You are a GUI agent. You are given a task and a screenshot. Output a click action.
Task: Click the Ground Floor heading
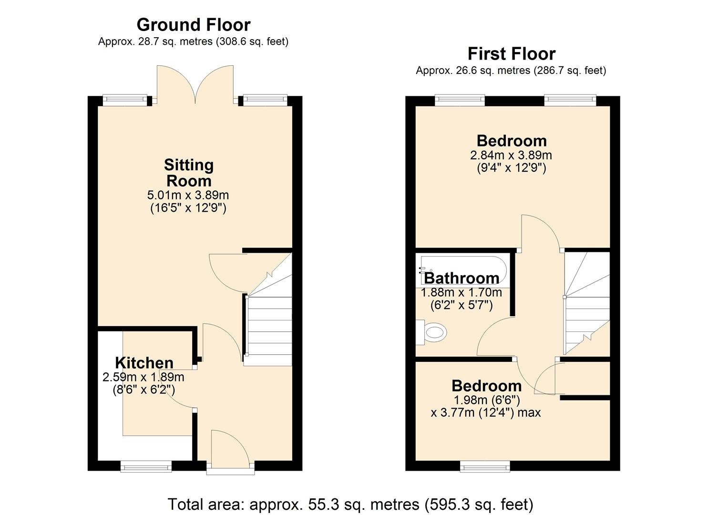193,25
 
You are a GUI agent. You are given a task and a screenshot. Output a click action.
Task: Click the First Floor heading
511,54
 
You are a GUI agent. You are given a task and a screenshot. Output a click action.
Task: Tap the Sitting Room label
188,173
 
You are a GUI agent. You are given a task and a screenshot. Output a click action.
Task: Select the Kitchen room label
144,363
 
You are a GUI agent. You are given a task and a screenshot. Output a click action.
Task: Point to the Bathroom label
462,278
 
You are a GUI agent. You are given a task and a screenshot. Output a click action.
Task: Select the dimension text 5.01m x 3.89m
188,195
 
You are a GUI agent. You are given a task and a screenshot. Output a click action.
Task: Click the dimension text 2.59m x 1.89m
143,377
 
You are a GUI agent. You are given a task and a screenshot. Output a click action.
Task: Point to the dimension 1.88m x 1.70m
461,292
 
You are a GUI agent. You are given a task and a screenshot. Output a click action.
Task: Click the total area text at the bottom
350,504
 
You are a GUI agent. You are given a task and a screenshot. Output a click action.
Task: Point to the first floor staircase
586,305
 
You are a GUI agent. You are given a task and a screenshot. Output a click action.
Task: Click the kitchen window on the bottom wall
146,466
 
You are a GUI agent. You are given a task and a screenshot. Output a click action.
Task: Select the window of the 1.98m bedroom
485,466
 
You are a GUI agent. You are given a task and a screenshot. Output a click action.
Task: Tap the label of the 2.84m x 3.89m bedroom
511,141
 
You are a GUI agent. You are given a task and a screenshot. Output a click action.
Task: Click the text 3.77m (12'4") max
485,412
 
